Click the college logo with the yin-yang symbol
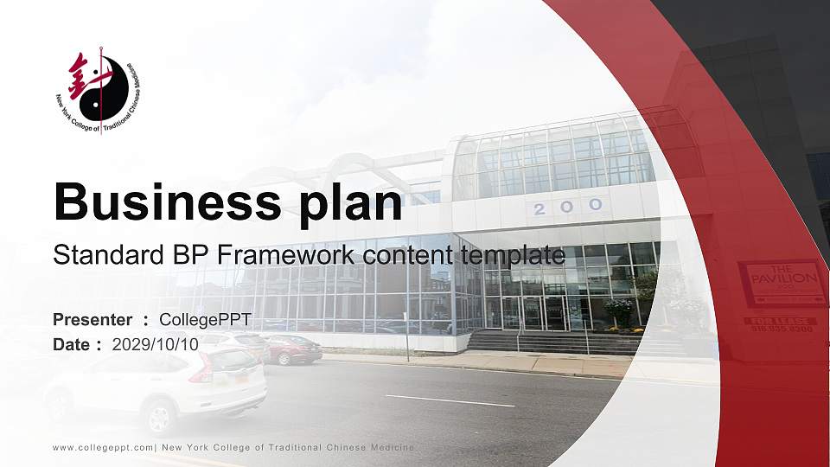[97, 89]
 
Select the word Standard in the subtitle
[96, 255]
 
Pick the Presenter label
[93, 320]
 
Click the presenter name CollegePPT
[205, 320]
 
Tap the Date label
[73, 344]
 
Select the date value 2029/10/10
[156, 344]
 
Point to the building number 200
[567, 207]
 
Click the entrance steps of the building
[553, 342]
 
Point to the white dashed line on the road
[450, 400]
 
